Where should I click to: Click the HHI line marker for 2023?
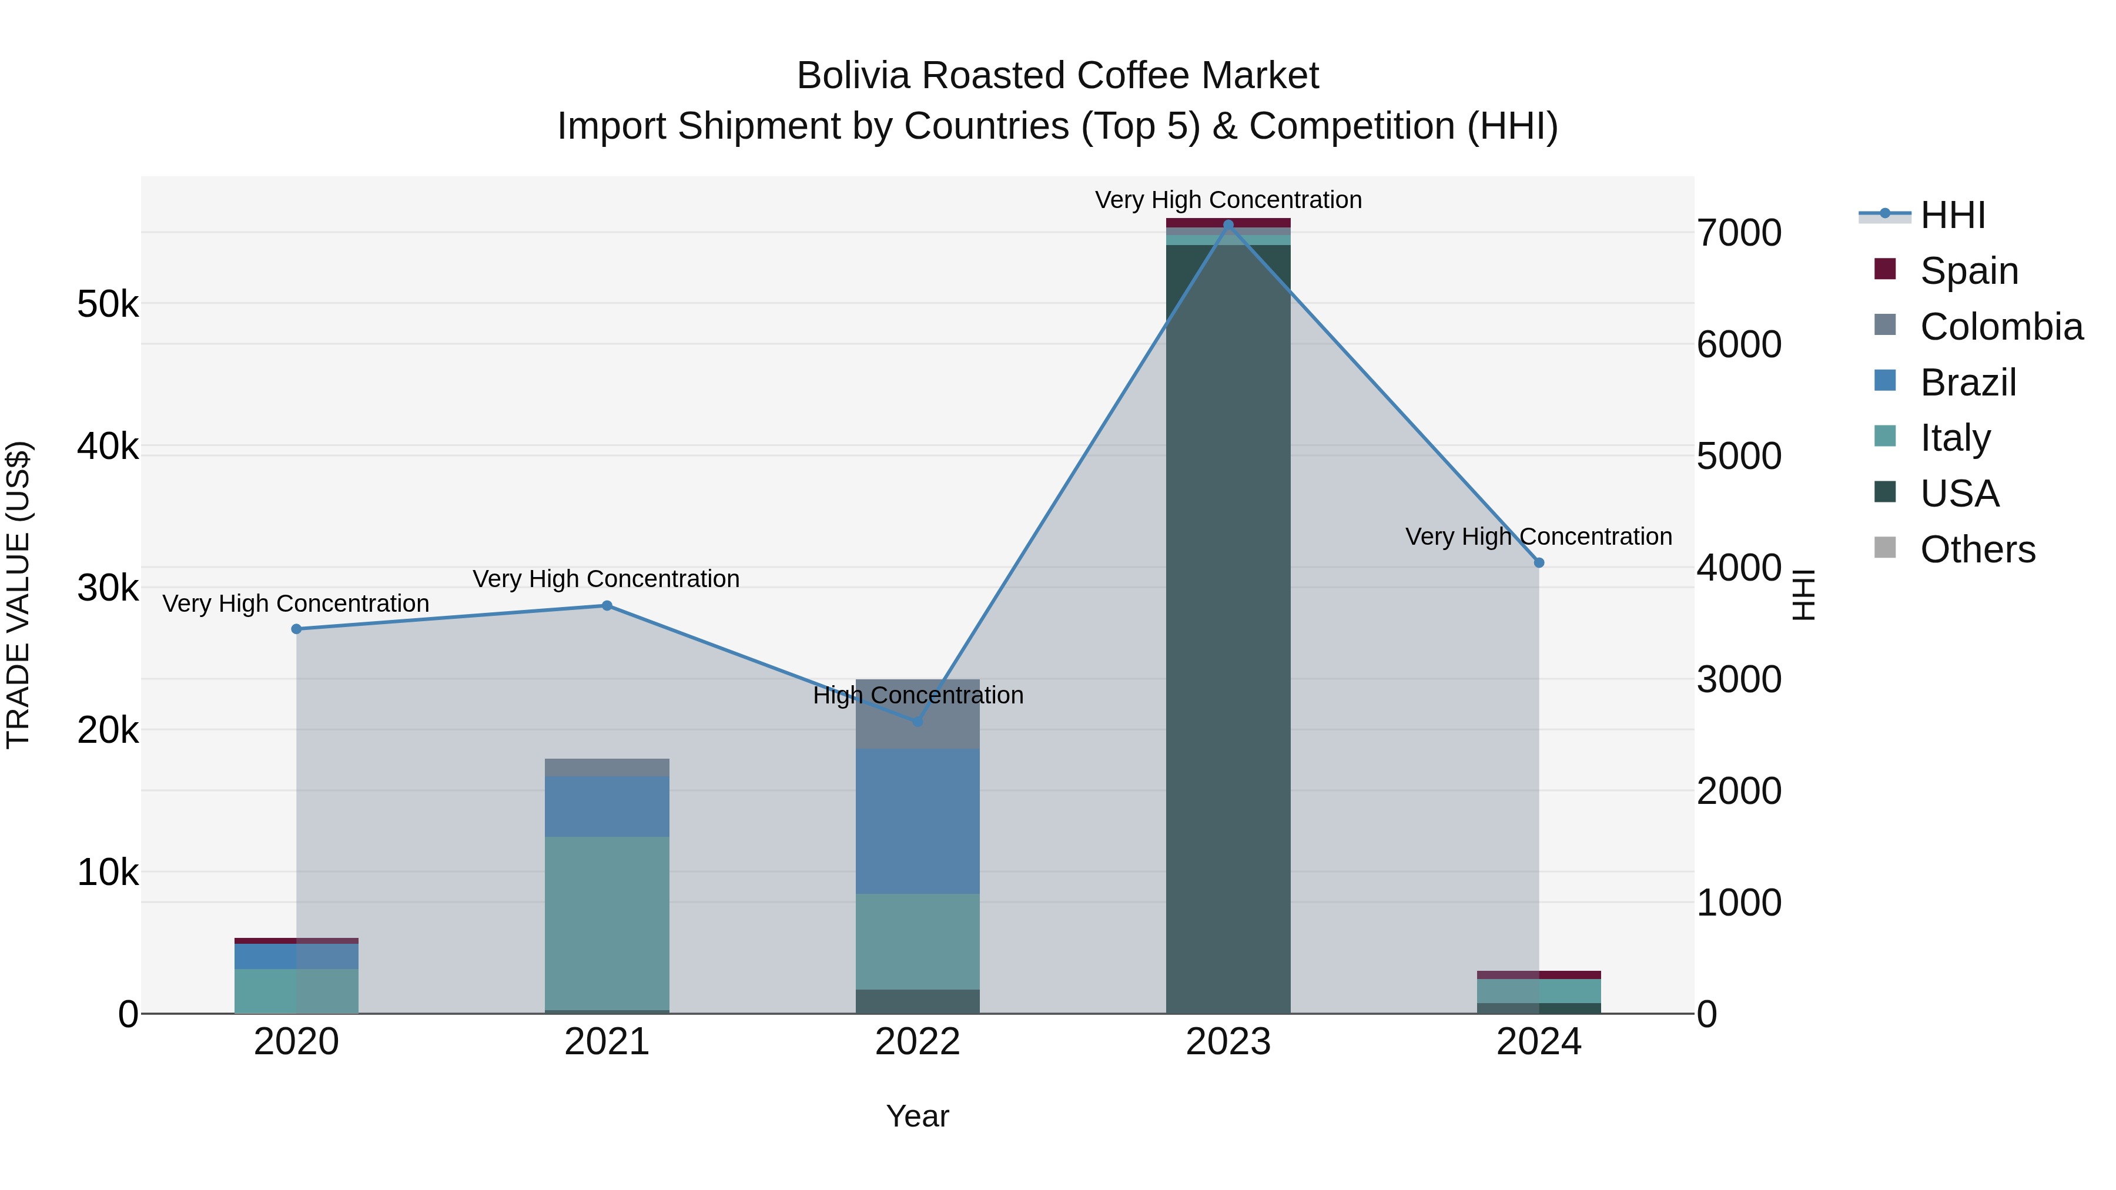click(1228, 224)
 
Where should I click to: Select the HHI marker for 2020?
click(297, 629)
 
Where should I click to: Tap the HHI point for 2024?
click(1539, 562)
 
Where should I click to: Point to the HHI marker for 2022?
click(918, 721)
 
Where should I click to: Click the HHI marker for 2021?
click(607, 606)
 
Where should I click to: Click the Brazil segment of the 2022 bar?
click(918, 822)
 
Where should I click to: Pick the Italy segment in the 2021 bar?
click(607, 923)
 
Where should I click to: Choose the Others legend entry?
click(1977, 549)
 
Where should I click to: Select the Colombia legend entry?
click(2001, 327)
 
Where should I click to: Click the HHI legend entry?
click(1953, 215)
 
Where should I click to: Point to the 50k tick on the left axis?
click(108, 304)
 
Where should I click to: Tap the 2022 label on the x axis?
click(918, 1042)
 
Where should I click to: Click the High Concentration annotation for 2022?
click(918, 696)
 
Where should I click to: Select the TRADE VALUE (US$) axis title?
click(18, 595)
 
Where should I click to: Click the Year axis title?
click(918, 1116)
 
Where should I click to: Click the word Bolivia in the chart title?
click(853, 76)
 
